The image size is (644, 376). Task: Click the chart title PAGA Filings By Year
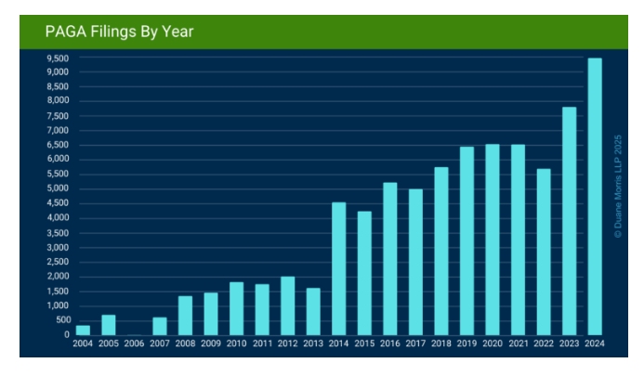coord(119,32)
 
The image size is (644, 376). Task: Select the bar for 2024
coord(594,197)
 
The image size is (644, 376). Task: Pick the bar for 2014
coord(339,268)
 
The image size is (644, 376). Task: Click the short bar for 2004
coord(84,330)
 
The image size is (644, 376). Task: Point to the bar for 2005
coord(109,325)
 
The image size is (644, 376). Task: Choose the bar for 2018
coord(441,251)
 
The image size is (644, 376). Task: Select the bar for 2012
coord(288,305)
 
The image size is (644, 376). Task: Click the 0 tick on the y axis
coord(66,335)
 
